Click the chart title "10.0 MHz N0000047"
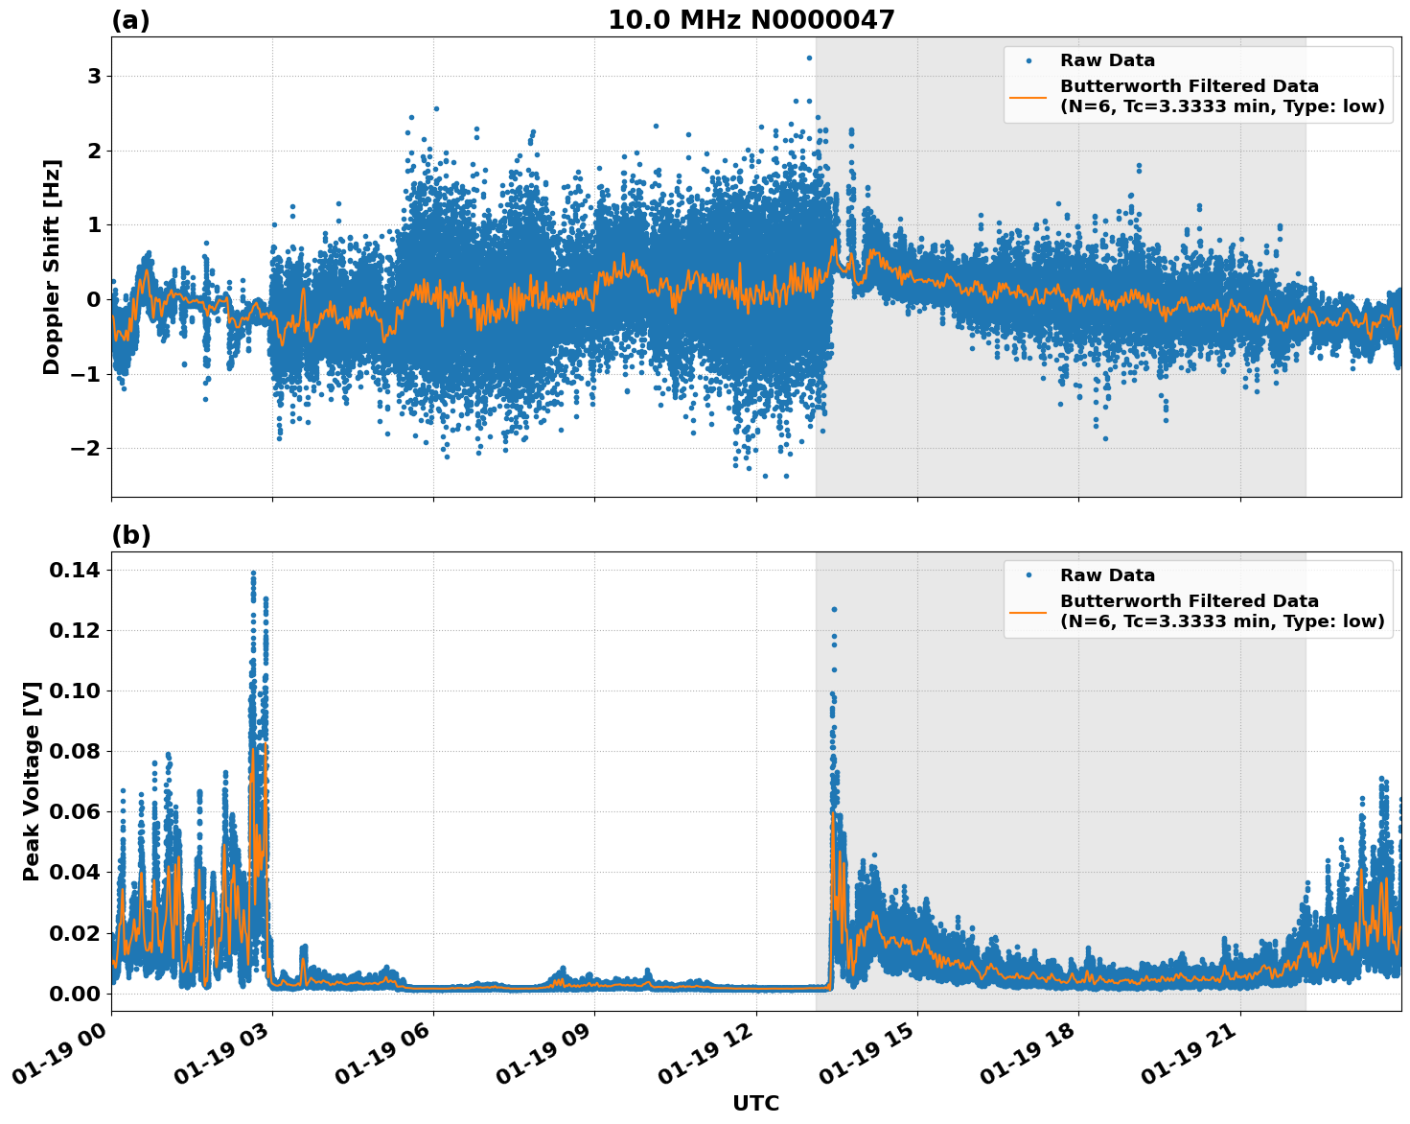[751, 20]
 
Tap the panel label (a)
[130, 20]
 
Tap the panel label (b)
[130, 535]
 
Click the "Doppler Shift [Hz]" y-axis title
[52, 267]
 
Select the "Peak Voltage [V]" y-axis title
[32, 781]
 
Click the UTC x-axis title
[755, 1103]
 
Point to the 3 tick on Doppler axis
[94, 76]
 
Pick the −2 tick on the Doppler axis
[87, 448]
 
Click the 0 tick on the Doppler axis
[94, 299]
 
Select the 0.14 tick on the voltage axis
[75, 571]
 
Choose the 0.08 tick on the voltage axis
[75, 751]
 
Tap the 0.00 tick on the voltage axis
[75, 994]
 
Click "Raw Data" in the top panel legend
[1107, 60]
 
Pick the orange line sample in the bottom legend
[1028, 611]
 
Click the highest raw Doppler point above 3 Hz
[809, 58]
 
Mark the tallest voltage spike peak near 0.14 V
[253, 574]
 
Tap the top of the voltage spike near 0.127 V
[834, 609]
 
